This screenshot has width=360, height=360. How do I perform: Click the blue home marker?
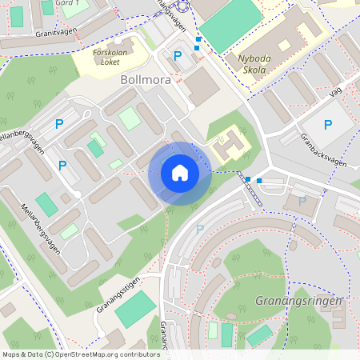click(180, 173)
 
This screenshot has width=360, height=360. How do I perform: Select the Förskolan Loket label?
click(110, 55)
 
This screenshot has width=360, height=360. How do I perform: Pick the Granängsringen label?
click(298, 300)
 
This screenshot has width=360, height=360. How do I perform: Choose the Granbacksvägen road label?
click(329, 149)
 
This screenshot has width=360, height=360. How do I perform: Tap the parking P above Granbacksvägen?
click(327, 124)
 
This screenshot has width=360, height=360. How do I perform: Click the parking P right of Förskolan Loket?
click(178, 56)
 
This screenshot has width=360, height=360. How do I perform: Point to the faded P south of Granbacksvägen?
click(302, 201)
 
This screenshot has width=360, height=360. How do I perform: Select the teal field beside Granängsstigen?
click(134, 308)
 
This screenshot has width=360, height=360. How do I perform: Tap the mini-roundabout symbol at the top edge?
click(182, 6)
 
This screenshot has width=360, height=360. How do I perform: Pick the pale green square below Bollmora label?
click(130, 118)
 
